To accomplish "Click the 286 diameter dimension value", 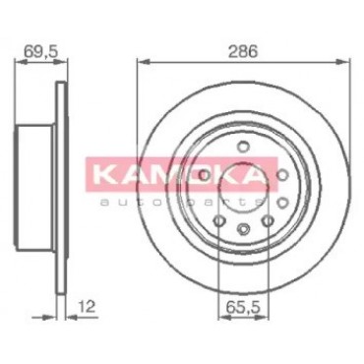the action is point(243,51).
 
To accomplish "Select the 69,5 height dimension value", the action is point(41,51).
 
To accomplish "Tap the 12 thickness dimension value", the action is point(87,307).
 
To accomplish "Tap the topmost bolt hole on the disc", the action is point(243,146).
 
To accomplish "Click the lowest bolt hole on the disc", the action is point(243,229).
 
